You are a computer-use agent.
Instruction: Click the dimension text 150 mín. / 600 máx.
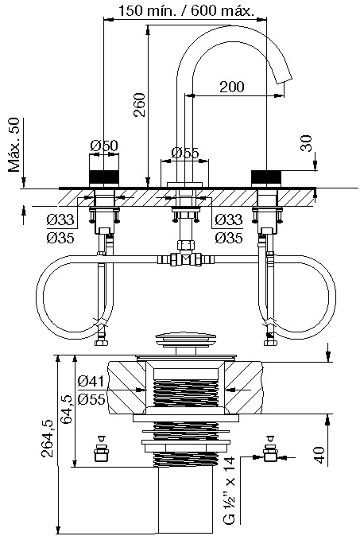pyautogui.click(x=186, y=10)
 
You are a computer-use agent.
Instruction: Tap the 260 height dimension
pyautogui.click(x=139, y=105)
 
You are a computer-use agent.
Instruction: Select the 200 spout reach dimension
pyautogui.click(x=232, y=87)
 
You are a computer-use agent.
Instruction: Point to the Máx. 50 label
pyautogui.click(x=14, y=145)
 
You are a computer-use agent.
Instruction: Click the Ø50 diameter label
pyautogui.click(x=104, y=146)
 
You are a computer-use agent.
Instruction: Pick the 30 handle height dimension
pyautogui.click(x=307, y=143)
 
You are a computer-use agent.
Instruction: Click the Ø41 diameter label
pyautogui.click(x=91, y=380)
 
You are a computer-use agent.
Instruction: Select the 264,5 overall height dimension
pyautogui.click(x=47, y=438)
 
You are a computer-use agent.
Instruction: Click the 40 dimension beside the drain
pyautogui.click(x=319, y=455)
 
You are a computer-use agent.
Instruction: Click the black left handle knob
pyautogui.click(x=104, y=178)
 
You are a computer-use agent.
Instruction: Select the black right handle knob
pyautogui.click(x=266, y=178)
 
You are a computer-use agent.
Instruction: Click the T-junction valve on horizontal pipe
pyautogui.click(x=185, y=258)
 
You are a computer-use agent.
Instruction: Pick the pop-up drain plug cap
pyautogui.click(x=185, y=339)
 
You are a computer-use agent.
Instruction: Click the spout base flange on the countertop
pyautogui.click(x=185, y=184)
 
